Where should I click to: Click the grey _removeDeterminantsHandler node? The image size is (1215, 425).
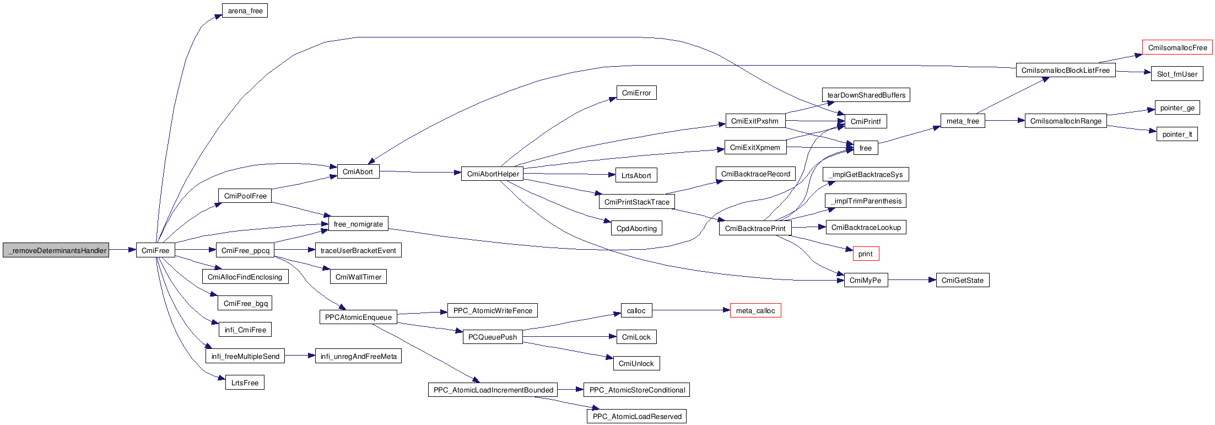(56, 250)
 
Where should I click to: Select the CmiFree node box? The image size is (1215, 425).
(155, 250)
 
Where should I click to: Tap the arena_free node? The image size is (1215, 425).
(245, 11)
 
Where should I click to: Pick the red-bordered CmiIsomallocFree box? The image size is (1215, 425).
(1177, 48)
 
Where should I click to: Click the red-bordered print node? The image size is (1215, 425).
(865, 254)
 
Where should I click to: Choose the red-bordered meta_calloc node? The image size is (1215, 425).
(755, 311)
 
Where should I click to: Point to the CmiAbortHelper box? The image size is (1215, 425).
(493, 174)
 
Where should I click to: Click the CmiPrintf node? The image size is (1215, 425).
(865, 121)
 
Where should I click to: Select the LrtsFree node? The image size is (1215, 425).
(245, 383)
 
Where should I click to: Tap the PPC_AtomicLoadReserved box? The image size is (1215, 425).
(636, 416)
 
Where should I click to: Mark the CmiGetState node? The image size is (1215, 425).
(962, 280)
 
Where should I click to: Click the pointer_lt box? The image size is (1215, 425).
(1176, 134)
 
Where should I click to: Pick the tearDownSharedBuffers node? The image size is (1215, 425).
(866, 95)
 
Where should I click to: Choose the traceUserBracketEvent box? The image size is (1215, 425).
(358, 250)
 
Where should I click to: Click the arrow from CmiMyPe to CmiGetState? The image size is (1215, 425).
(912, 280)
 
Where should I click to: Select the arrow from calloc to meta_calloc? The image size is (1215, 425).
(691, 310)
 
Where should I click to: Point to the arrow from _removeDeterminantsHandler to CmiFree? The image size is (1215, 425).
(122, 250)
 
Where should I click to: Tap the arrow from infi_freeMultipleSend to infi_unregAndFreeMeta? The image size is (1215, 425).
(300, 356)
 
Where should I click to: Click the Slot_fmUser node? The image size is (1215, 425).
(1176, 74)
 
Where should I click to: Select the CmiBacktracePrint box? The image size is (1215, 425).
(755, 228)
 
